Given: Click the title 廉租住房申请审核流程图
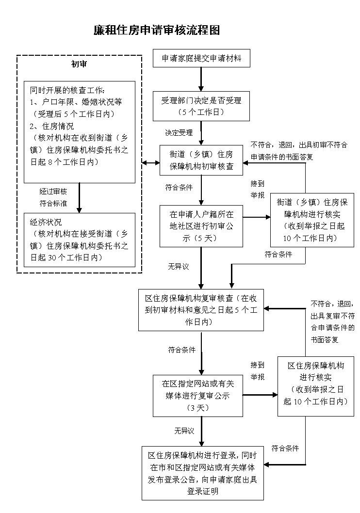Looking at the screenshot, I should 156,30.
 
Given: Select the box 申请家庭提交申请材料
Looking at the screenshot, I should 201,59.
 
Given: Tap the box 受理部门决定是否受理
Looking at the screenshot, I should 201,106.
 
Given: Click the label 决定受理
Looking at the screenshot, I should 179,132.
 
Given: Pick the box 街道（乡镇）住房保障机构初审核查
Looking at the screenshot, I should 201,160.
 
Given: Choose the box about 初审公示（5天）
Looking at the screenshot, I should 201,226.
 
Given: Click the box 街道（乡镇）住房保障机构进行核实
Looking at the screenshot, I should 312,220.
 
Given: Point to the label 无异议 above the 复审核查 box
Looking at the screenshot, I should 178,266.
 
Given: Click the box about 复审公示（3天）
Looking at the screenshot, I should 201,395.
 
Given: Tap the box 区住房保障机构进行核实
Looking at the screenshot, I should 316,386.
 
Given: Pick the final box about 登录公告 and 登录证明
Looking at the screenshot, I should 203,473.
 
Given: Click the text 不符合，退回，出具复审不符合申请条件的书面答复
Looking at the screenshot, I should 332,321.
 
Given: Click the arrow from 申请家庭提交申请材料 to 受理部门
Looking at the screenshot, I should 201,79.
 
